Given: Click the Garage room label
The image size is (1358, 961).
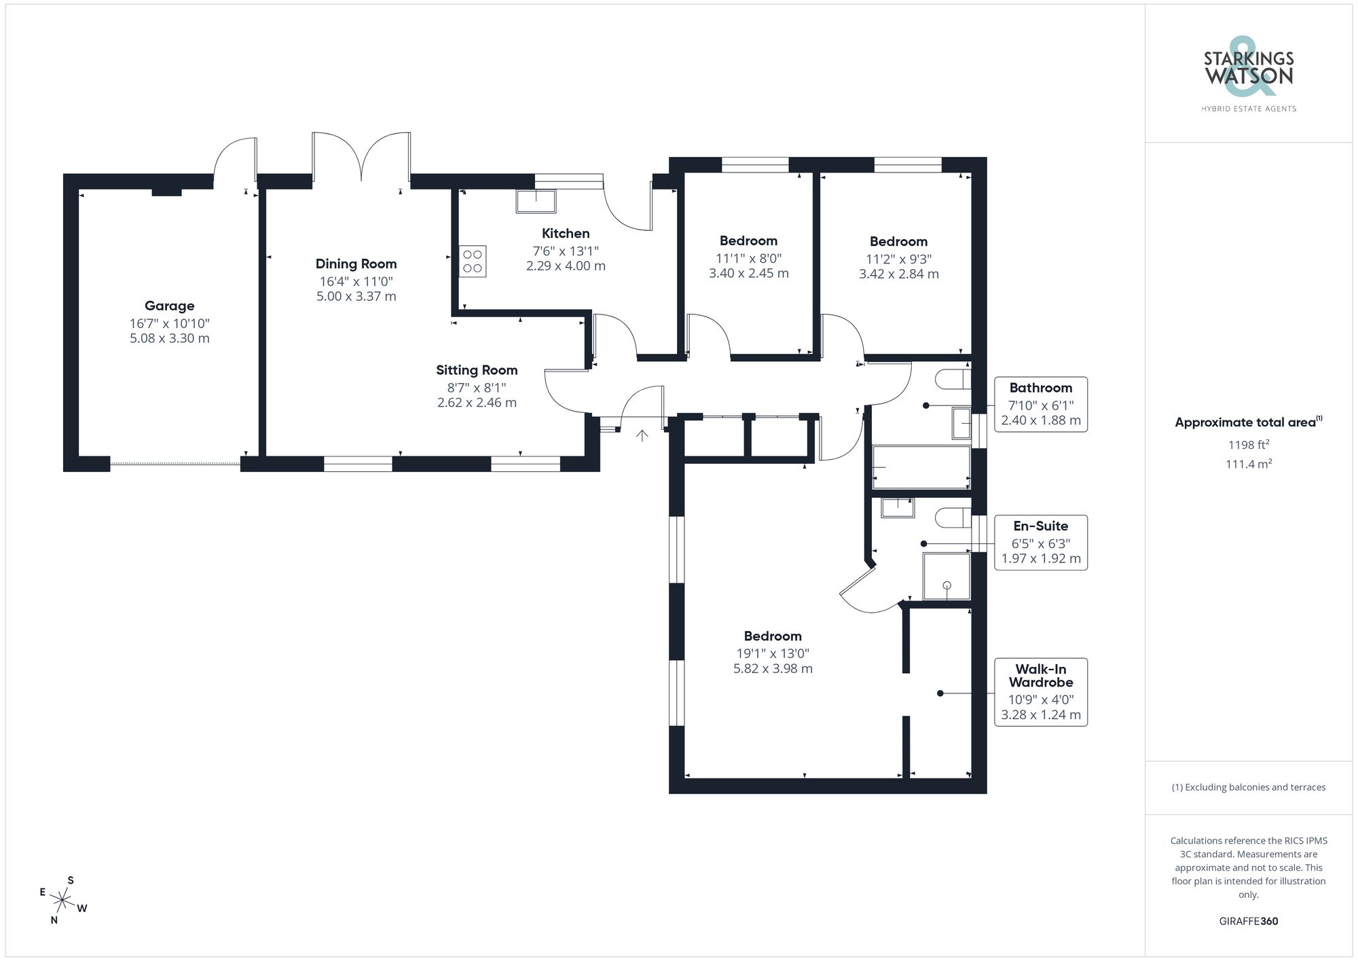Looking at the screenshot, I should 169,306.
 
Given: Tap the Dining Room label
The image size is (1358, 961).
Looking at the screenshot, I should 356,264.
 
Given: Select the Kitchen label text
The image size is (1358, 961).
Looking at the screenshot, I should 566,234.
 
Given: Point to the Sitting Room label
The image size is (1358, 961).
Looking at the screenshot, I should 477,370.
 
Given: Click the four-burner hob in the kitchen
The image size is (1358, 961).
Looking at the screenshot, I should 473,261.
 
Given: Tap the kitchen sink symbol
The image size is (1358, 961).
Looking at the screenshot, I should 536,201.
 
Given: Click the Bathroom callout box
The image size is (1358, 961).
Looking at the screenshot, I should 1040,405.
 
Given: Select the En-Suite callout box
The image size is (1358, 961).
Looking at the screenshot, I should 1040,543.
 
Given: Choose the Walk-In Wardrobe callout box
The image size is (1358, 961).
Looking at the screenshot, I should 1040,692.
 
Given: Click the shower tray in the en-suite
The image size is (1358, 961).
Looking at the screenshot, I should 947,577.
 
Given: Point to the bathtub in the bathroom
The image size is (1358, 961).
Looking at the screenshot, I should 921,467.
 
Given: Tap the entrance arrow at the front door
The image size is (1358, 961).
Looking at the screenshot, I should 642,435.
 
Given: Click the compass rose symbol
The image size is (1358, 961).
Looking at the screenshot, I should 62,901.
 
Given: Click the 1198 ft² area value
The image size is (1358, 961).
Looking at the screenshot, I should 1248,445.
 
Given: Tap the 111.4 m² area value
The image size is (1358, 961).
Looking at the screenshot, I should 1248,465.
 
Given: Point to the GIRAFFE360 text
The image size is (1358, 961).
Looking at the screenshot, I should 1248,922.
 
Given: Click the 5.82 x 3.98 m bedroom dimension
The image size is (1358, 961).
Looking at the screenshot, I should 773,669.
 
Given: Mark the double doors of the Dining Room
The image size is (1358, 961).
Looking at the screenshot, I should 361,158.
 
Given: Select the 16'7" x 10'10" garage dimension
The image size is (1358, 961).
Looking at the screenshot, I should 169,324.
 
